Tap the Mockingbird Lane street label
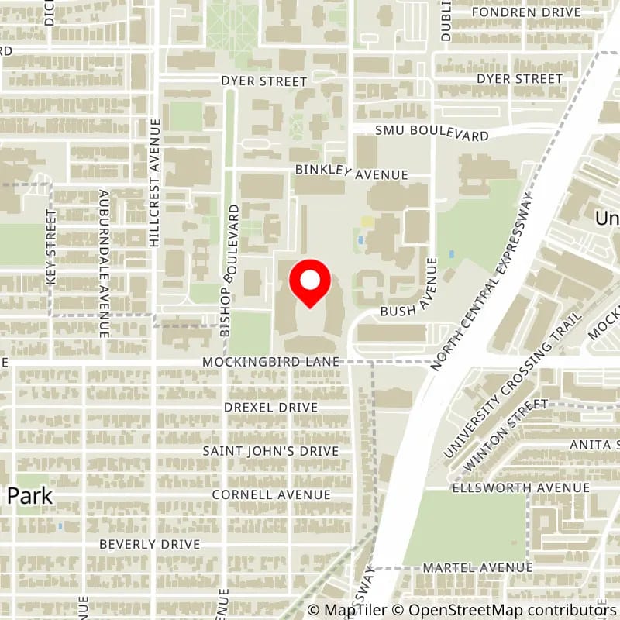270,362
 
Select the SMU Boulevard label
432,134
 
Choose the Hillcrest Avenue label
154,184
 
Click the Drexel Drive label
270,407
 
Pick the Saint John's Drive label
270,451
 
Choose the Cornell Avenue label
270,494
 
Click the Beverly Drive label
150,545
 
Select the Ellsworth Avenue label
520,487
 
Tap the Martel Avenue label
478,568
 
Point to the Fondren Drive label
526,12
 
